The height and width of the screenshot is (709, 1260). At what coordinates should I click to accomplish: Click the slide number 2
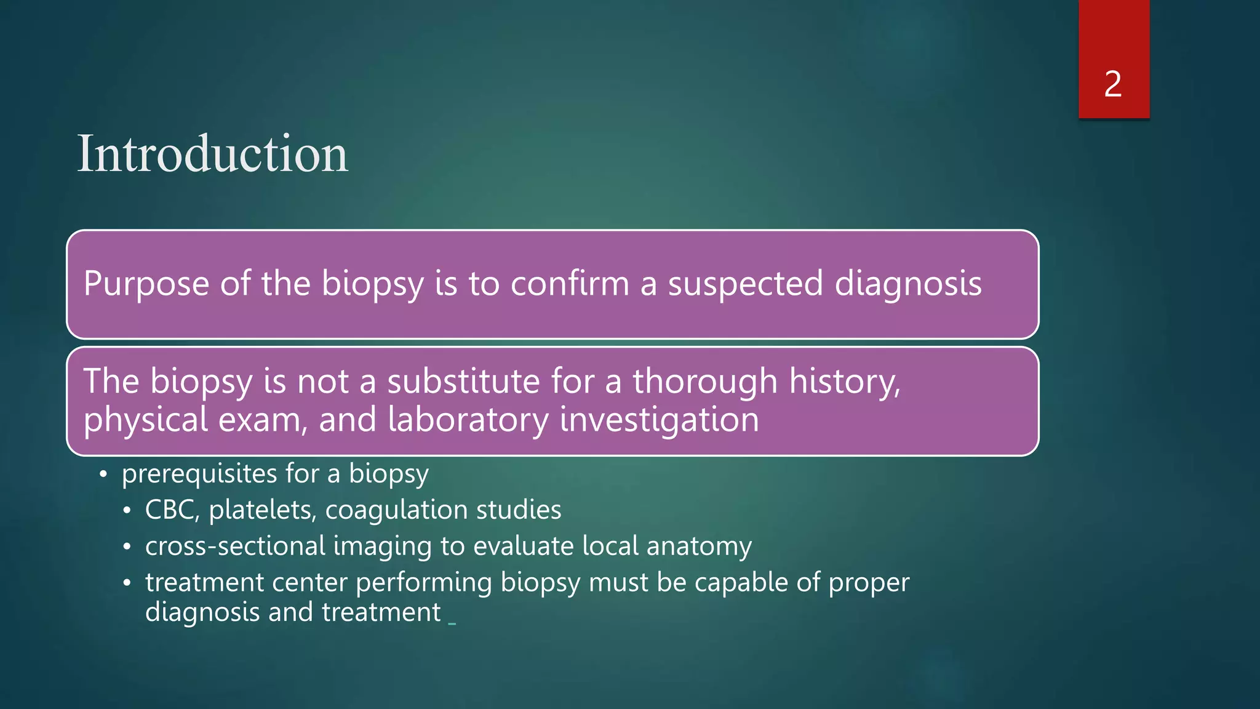tap(1113, 84)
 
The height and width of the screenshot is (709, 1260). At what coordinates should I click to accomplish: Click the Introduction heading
tap(212, 154)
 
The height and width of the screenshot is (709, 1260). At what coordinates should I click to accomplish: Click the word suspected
tap(745, 284)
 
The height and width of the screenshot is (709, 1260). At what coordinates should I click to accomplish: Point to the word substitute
tap(463, 381)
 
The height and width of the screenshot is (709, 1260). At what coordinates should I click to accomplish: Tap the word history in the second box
tap(844, 382)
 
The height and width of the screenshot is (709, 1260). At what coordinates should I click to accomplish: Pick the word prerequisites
tap(199, 475)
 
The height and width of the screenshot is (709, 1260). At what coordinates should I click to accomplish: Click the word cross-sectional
tap(235, 546)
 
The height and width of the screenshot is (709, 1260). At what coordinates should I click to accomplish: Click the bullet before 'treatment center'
tap(127, 583)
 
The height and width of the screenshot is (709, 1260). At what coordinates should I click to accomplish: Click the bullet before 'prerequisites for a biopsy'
tap(103, 475)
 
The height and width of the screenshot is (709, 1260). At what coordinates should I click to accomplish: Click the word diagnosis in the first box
tap(907, 284)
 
